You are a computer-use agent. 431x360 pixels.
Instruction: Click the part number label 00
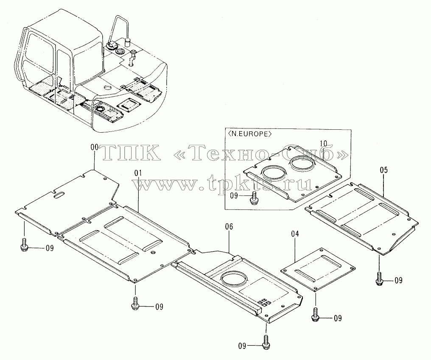click(95, 147)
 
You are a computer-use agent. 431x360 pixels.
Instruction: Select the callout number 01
click(138, 173)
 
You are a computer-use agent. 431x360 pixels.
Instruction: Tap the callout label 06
click(229, 226)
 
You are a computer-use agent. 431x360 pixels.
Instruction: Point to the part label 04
click(295, 234)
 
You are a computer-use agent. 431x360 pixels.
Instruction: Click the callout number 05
click(384, 170)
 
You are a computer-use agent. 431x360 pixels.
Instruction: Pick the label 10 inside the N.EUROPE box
click(324, 143)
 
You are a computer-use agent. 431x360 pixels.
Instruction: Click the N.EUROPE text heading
click(249, 134)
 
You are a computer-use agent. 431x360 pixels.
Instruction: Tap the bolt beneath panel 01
click(135, 303)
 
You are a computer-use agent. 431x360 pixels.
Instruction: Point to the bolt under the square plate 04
click(315, 315)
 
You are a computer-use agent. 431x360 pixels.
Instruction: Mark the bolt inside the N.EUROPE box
click(253, 198)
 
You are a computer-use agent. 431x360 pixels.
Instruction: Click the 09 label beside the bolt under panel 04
click(338, 318)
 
